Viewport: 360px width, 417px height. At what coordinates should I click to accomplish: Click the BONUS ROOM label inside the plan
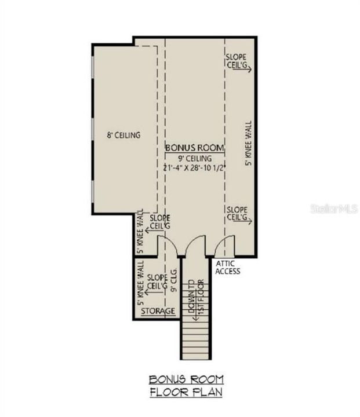pos(194,147)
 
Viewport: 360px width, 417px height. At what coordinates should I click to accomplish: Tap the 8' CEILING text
pos(123,136)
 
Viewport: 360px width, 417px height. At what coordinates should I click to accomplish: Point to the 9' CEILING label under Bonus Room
pos(194,158)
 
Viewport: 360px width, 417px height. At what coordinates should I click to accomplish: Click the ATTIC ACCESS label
pos(227,267)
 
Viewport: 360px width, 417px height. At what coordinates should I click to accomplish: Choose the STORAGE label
pos(158,312)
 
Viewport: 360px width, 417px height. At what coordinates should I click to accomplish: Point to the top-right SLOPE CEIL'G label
pos(237,60)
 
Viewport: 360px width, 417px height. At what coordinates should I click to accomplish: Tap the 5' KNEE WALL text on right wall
pos(249,142)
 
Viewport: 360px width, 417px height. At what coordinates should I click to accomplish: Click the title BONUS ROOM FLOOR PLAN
pos(186,386)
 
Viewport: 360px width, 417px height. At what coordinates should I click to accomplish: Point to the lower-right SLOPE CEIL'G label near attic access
pos(238,213)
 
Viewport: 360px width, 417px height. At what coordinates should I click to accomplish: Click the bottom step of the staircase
pos(195,355)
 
